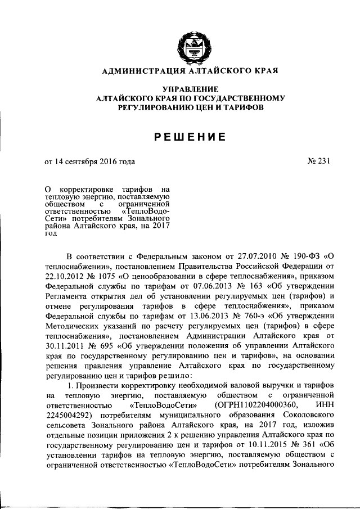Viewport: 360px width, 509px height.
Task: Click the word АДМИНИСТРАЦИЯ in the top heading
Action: (x=141, y=70)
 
